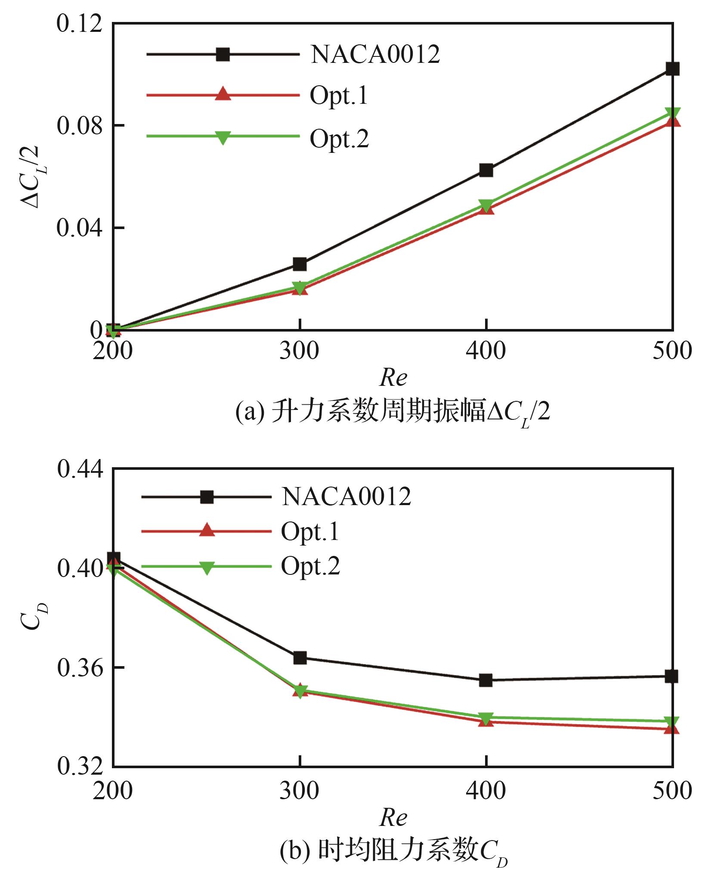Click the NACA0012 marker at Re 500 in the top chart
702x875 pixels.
tap(672, 68)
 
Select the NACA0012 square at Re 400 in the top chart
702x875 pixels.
tap(486, 170)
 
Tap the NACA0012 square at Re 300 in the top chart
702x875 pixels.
tap(300, 264)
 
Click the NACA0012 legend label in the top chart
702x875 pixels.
tap(375, 55)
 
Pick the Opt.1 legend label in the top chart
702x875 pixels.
tap(339, 95)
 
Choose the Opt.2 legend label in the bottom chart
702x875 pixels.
tap(310, 566)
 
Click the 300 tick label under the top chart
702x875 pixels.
tap(299, 351)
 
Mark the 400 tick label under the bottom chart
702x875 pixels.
tap(486, 791)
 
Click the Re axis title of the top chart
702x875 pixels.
tap(393, 378)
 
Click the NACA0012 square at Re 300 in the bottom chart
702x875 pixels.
tap(300, 658)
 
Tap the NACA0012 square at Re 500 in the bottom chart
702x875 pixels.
tap(671, 676)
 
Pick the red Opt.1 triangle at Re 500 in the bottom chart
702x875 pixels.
tap(671, 729)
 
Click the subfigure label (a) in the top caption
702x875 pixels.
tap(250, 413)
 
